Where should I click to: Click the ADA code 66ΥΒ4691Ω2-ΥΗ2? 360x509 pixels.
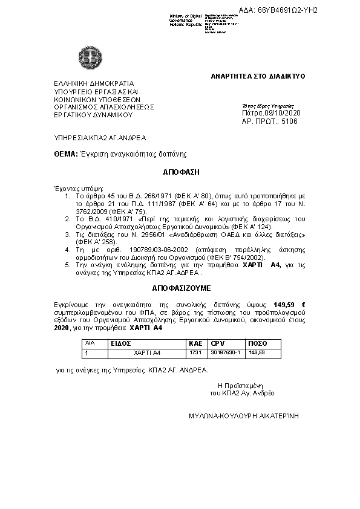(x=287, y=10)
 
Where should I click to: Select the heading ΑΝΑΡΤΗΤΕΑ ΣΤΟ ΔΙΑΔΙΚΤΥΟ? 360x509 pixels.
(x=258, y=76)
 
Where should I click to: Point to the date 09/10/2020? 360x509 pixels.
(x=281, y=113)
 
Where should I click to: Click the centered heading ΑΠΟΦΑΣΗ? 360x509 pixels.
(x=181, y=172)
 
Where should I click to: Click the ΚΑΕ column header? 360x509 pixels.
(x=195, y=343)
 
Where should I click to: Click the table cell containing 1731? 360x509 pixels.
(x=195, y=351)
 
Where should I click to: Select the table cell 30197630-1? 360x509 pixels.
(x=225, y=351)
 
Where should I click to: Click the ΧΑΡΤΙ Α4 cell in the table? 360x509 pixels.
(x=147, y=351)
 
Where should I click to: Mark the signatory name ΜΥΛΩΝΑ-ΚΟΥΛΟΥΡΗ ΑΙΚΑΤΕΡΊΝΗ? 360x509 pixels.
(x=244, y=417)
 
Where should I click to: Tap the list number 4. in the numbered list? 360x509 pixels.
(x=67, y=249)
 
